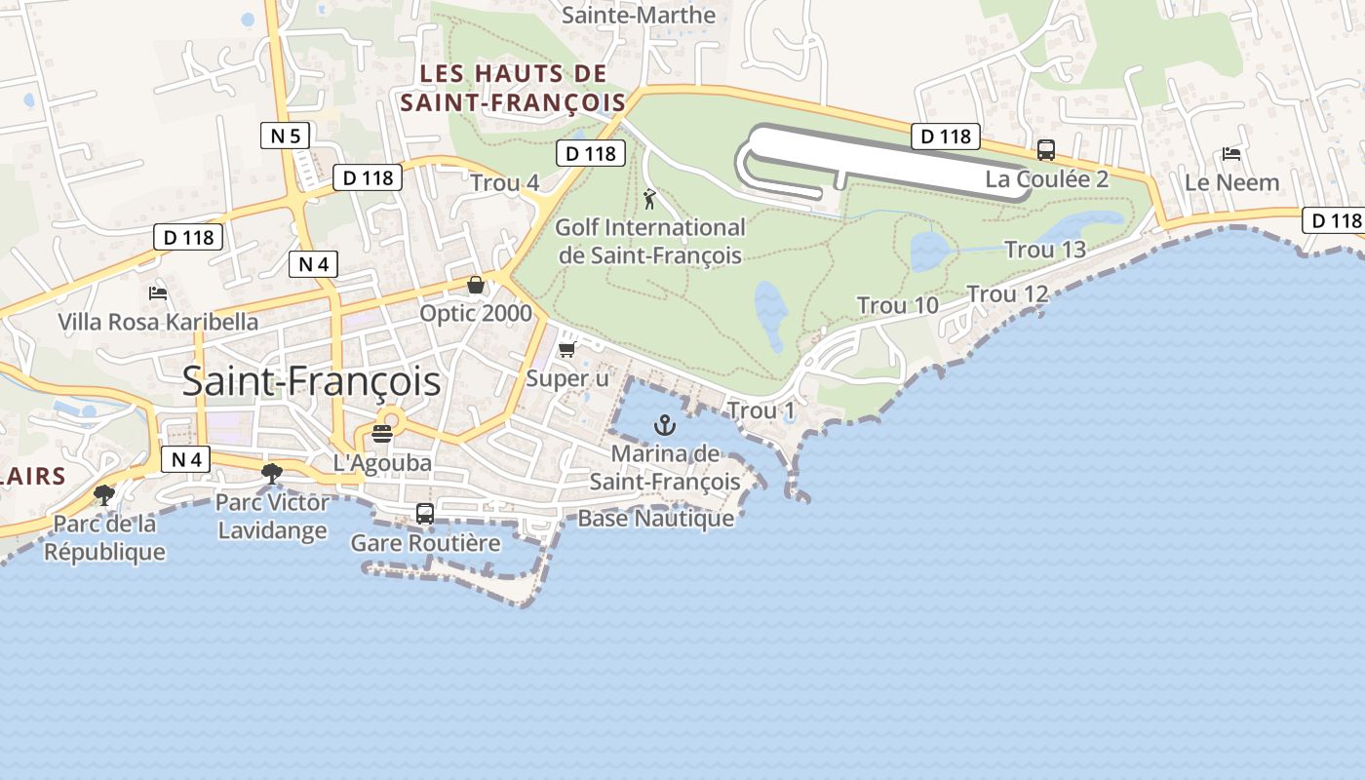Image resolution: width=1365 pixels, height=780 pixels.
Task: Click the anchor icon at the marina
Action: pyautogui.click(x=664, y=424)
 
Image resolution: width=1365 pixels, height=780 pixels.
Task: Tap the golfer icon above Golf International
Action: pyautogui.click(x=649, y=199)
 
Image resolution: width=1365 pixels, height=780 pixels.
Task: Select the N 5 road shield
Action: pyautogui.click(x=285, y=136)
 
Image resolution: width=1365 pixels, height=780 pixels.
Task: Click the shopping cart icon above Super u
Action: pyautogui.click(x=566, y=349)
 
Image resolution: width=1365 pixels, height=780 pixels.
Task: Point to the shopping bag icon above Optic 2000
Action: pyautogui.click(x=476, y=285)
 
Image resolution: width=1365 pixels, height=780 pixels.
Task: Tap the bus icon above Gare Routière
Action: pyautogui.click(x=425, y=514)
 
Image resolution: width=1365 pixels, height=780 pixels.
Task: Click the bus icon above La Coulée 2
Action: pyautogui.click(x=1046, y=150)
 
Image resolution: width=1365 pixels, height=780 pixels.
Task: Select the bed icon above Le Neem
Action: pyautogui.click(x=1231, y=154)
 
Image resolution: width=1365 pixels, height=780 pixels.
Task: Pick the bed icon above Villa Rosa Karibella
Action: pyautogui.click(x=158, y=292)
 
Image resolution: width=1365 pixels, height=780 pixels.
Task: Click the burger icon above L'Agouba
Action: pyautogui.click(x=382, y=434)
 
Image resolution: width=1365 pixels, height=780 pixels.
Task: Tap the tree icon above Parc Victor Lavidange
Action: pyautogui.click(x=271, y=474)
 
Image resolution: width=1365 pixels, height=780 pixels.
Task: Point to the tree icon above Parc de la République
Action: pyautogui.click(x=104, y=494)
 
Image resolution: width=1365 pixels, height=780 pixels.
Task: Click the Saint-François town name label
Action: pyautogui.click(x=311, y=381)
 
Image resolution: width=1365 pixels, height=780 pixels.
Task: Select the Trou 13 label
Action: pyautogui.click(x=1045, y=250)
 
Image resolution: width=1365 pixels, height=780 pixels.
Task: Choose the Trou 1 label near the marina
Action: pyautogui.click(x=760, y=410)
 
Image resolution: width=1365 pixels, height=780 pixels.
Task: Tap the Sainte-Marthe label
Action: pyautogui.click(x=639, y=16)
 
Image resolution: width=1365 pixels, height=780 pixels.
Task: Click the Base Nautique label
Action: pyautogui.click(x=655, y=518)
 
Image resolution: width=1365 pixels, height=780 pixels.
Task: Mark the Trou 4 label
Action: pyautogui.click(x=504, y=183)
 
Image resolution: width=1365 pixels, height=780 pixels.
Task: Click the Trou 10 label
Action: pyautogui.click(x=897, y=305)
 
